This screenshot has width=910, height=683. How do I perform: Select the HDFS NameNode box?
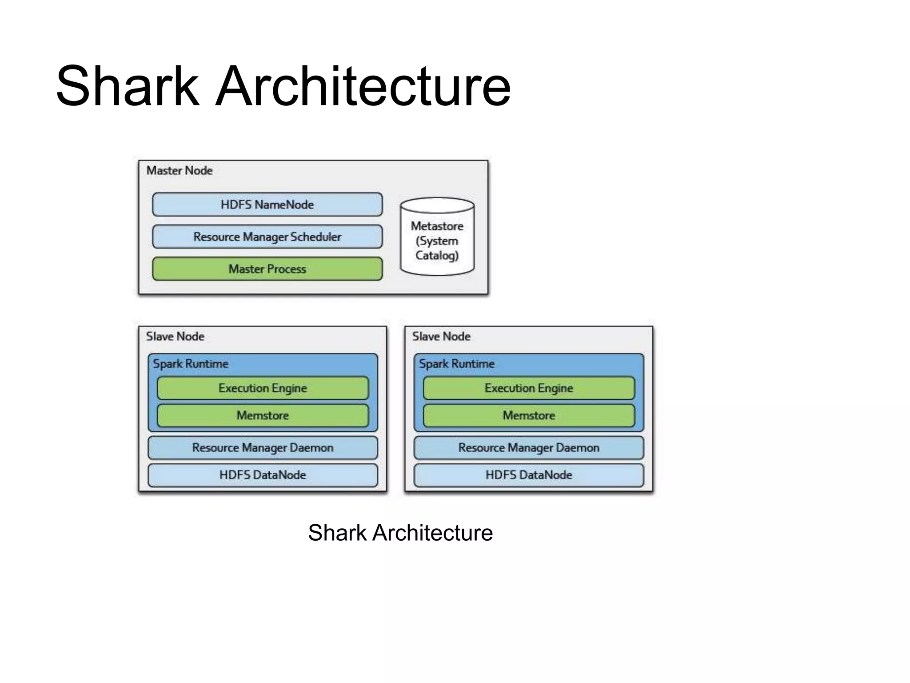pyautogui.click(x=267, y=205)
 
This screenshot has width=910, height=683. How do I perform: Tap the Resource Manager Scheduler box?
pyautogui.click(x=267, y=237)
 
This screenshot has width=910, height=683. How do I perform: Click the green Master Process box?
pyautogui.click(x=267, y=269)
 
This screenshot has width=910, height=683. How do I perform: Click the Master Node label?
pyautogui.click(x=180, y=171)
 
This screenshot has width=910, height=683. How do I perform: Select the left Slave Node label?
pyautogui.click(x=175, y=337)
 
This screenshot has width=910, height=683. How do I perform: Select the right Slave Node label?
pyautogui.click(x=441, y=337)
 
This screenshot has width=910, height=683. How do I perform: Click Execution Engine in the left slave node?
pyautogui.click(x=263, y=388)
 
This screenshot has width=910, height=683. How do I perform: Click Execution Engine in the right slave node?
pyautogui.click(x=529, y=388)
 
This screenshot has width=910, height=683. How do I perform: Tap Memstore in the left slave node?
pyautogui.click(x=263, y=416)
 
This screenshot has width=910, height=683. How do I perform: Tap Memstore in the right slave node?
pyautogui.click(x=529, y=416)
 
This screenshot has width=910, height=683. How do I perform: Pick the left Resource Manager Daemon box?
pyautogui.click(x=263, y=448)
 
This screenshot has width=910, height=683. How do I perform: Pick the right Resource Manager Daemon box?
pyautogui.click(x=529, y=448)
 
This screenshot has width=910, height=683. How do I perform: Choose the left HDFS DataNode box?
pyautogui.click(x=263, y=475)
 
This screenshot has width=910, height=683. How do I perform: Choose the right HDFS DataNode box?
pyautogui.click(x=529, y=475)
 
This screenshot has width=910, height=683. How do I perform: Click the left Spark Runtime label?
pyautogui.click(x=191, y=364)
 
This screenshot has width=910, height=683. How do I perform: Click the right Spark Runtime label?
pyautogui.click(x=457, y=364)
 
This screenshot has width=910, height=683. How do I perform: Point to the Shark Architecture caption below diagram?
pyautogui.click(x=400, y=533)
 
